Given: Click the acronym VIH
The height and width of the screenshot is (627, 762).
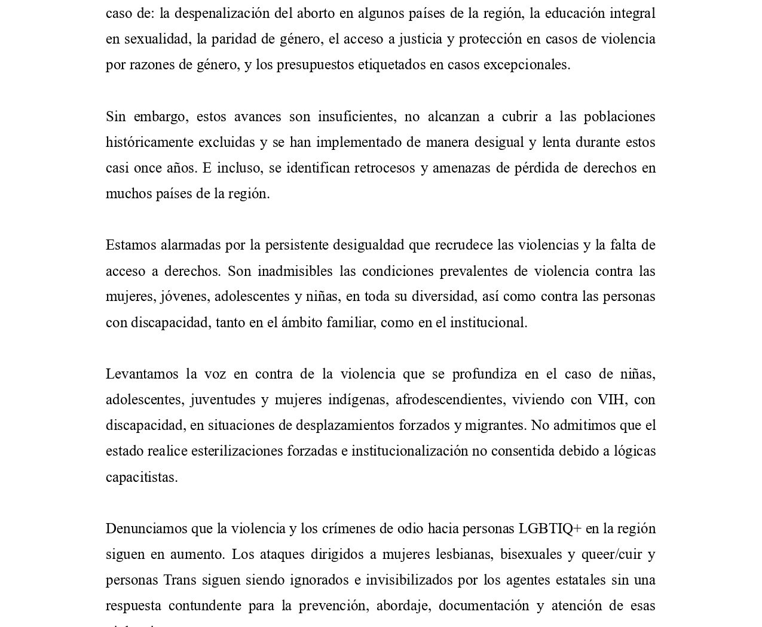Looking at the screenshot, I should pos(611,399).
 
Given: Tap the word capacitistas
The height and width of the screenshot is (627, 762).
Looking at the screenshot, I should pos(142,477).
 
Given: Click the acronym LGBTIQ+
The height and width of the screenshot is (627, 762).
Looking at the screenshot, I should pos(550,528).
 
